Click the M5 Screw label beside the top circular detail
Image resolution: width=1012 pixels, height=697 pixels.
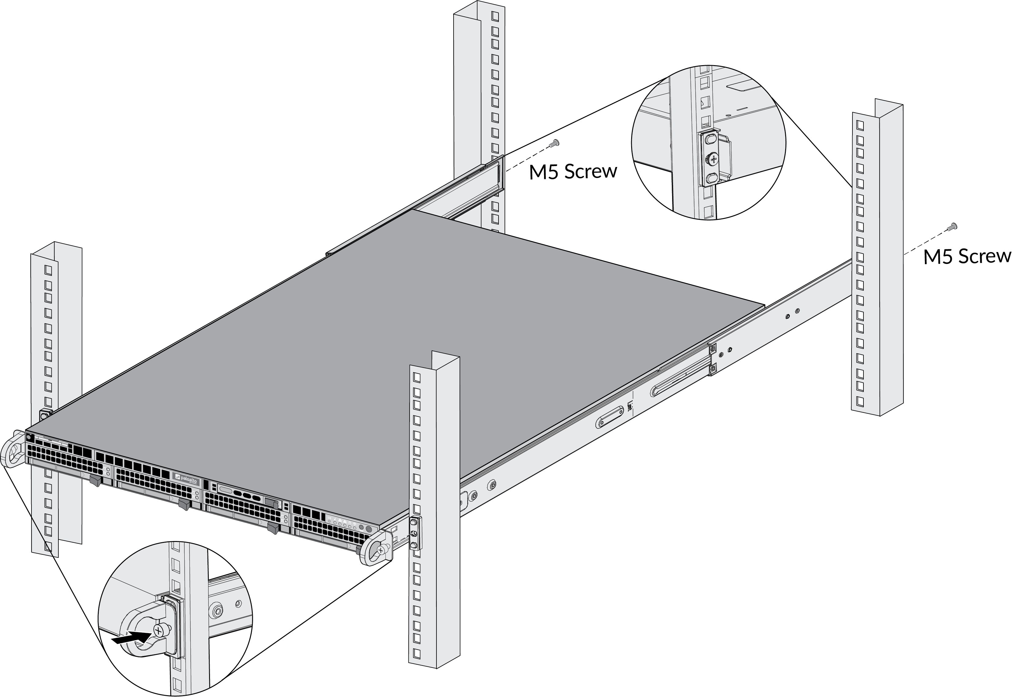pos(573,172)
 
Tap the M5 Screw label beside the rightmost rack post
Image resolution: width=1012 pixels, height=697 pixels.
pos(967,256)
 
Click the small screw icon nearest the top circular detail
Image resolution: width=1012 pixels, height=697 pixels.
pos(555,143)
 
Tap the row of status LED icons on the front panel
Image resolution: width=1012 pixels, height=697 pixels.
pos(345,522)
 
